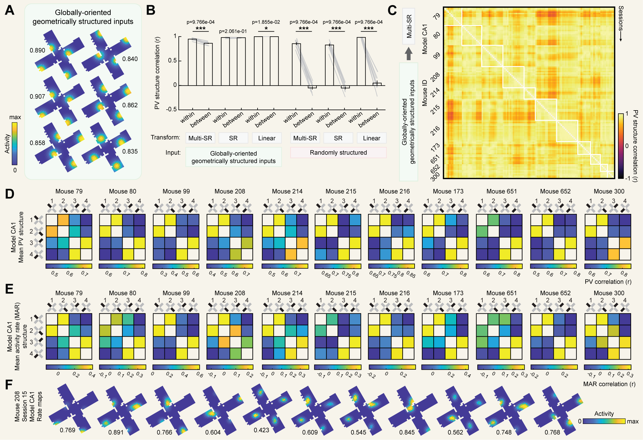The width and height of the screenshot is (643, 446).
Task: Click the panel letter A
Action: click(x=10, y=10)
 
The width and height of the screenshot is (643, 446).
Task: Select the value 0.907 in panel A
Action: click(x=37, y=97)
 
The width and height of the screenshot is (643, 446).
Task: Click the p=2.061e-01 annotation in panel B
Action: click(x=233, y=31)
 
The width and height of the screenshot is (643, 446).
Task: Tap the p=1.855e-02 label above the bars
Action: click(x=266, y=22)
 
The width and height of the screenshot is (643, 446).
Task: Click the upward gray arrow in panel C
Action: click(x=409, y=54)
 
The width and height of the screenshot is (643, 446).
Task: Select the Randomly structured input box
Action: click(x=338, y=153)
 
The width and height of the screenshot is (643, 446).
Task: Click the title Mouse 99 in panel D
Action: click(x=176, y=191)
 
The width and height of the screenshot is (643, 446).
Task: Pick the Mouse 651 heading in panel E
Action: click(x=501, y=293)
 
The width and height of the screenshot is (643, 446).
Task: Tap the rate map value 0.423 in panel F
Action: click(x=261, y=430)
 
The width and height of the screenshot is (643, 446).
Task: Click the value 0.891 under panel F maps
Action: click(x=116, y=432)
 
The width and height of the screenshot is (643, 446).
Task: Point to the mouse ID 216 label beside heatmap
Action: click(x=435, y=130)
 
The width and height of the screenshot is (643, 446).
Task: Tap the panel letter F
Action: click(x=9, y=385)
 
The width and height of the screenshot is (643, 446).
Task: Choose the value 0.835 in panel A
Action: click(x=130, y=151)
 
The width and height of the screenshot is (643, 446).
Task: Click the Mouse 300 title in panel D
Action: click(x=609, y=191)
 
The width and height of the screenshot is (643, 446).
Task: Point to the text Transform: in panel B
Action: click(x=165, y=137)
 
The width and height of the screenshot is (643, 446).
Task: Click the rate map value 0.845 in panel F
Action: click(x=407, y=432)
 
